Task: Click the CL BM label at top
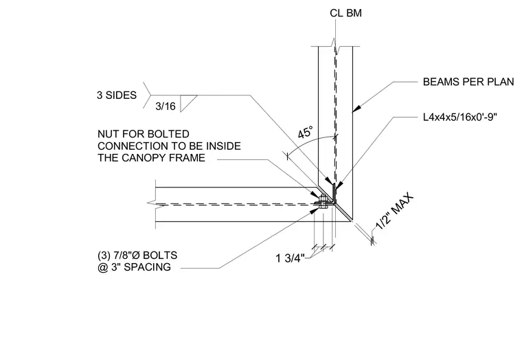click(x=345, y=13)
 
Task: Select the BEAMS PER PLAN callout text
click(x=468, y=82)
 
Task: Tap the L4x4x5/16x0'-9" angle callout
click(x=460, y=117)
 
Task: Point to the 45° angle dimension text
click(x=305, y=132)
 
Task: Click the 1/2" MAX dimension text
click(x=395, y=212)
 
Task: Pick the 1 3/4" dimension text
click(x=291, y=258)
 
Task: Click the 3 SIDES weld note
click(x=117, y=95)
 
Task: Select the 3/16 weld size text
click(x=165, y=106)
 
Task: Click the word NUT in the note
click(x=108, y=134)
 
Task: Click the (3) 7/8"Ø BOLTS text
click(x=137, y=256)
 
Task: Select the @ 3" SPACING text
click(x=134, y=267)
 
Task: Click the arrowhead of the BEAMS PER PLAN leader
click(x=356, y=109)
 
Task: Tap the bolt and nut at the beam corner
click(x=322, y=202)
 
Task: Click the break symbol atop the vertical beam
click(x=336, y=46)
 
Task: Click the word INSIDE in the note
click(x=223, y=146)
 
